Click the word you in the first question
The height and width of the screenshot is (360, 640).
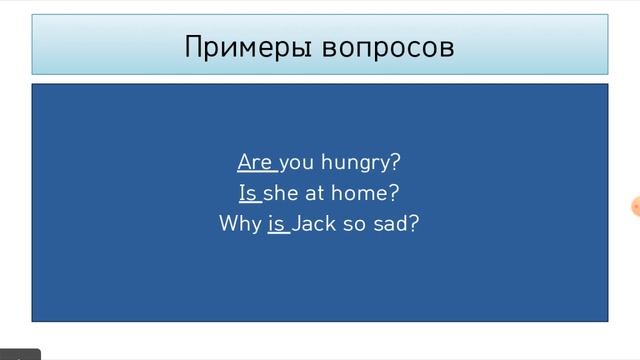click(297, 162)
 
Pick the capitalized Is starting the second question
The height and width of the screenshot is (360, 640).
click(248, 192)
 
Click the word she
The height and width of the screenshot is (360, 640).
click(280, 192)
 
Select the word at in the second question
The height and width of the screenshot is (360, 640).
click(314, 192)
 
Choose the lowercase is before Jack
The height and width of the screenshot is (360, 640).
click(277, 223)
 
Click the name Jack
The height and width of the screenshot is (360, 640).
click(315, 223)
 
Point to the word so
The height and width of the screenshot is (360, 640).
click(354, 223)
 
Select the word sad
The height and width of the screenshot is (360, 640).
click(391, 223)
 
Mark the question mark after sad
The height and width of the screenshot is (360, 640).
click(413, 223)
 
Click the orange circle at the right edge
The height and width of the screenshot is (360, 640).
click(636, 207)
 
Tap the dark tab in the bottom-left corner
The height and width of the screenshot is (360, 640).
click(19, 354)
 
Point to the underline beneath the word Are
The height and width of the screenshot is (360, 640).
click(256, 172)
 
